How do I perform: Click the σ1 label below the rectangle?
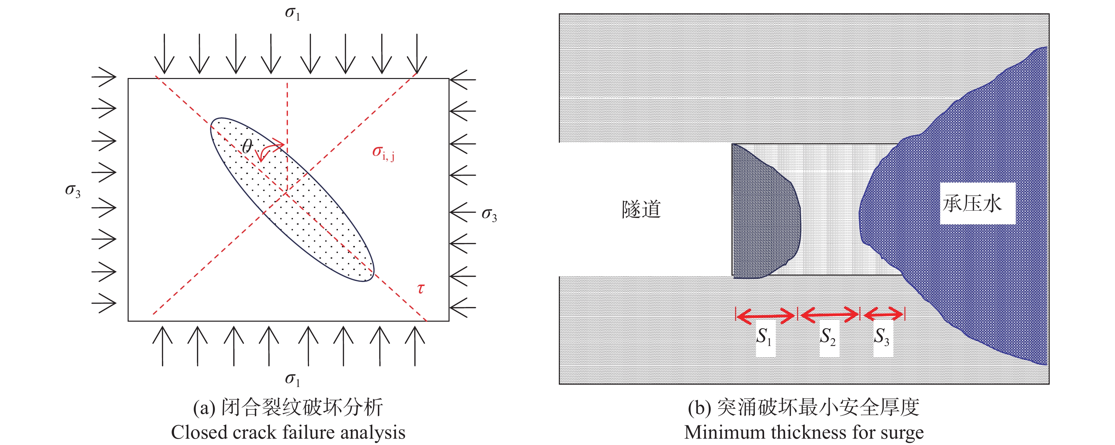293,379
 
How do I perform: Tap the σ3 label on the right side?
490,215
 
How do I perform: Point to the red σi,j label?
384,153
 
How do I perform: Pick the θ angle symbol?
247,146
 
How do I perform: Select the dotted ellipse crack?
292,200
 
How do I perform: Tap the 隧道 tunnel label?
641,210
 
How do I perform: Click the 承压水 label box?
977,203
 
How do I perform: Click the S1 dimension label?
765,337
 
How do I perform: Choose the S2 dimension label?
828,337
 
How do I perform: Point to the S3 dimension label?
882,337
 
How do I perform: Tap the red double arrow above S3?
883,314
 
